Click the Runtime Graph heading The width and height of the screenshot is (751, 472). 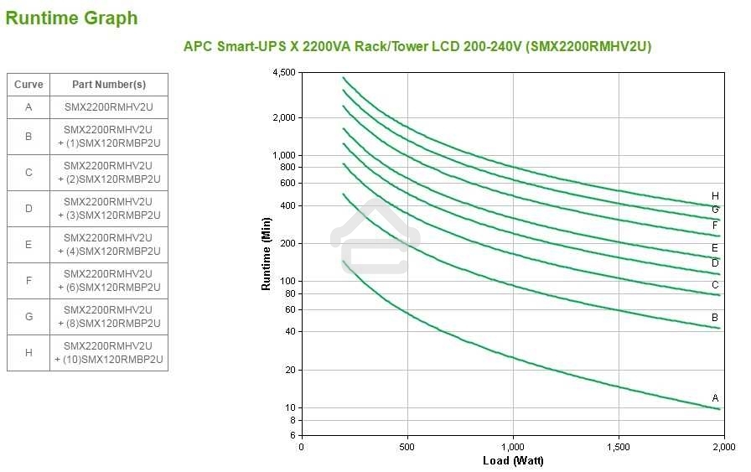pos(71,18)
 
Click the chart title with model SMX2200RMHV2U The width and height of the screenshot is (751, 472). pos(417,46)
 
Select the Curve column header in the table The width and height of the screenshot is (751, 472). pos(28,85)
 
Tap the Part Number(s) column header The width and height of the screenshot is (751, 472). pos(109,85)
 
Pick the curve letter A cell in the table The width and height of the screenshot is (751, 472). pos(28,107)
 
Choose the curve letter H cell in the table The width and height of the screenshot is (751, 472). pos(28,353)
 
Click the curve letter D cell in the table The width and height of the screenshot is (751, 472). pos(28,209)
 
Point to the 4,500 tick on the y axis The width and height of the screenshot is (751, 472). pos(284,73)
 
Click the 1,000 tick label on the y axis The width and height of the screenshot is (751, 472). pos(284,155)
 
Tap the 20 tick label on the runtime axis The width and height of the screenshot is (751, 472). pos(289,370)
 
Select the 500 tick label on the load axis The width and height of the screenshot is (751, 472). pos(407,446)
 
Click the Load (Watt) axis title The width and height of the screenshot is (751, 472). pos(513,460)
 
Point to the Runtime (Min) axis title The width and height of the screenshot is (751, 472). pos(267,253)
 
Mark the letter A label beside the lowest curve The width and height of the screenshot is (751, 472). pos(715,397)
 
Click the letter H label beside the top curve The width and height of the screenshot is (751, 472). pos(715,195)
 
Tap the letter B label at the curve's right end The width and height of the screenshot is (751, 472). pos(715,317)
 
